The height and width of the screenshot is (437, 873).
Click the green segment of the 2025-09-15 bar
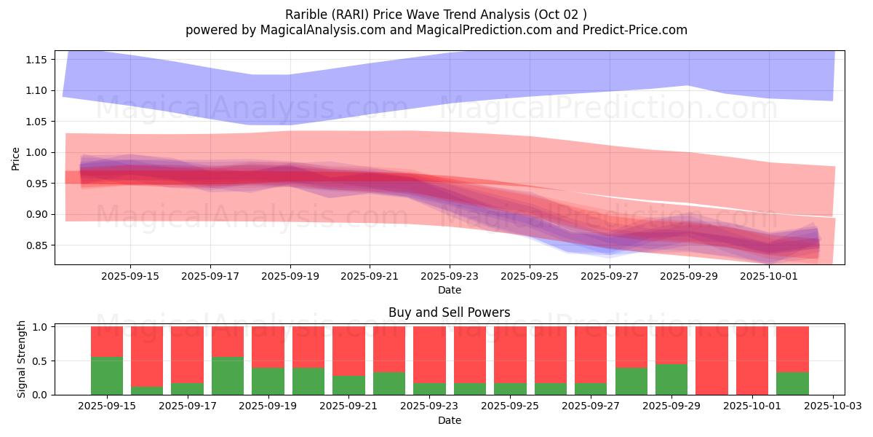click(107, 376)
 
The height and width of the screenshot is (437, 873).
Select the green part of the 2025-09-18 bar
click(228, 376)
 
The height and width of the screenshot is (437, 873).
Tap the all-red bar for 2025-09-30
click(711, 361)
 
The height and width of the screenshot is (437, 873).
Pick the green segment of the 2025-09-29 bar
click(671, 379)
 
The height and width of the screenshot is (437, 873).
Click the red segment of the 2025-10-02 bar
click(792, 349)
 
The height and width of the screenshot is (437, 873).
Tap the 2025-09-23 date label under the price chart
click(450, 276)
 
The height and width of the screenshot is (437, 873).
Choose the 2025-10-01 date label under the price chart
click(770, 276)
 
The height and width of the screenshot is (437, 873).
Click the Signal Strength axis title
click(22, 359)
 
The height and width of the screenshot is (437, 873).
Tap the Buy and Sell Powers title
click(449, 312)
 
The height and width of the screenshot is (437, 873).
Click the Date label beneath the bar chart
click(449, 420)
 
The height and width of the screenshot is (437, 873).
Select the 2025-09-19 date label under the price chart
click(290, 276)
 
